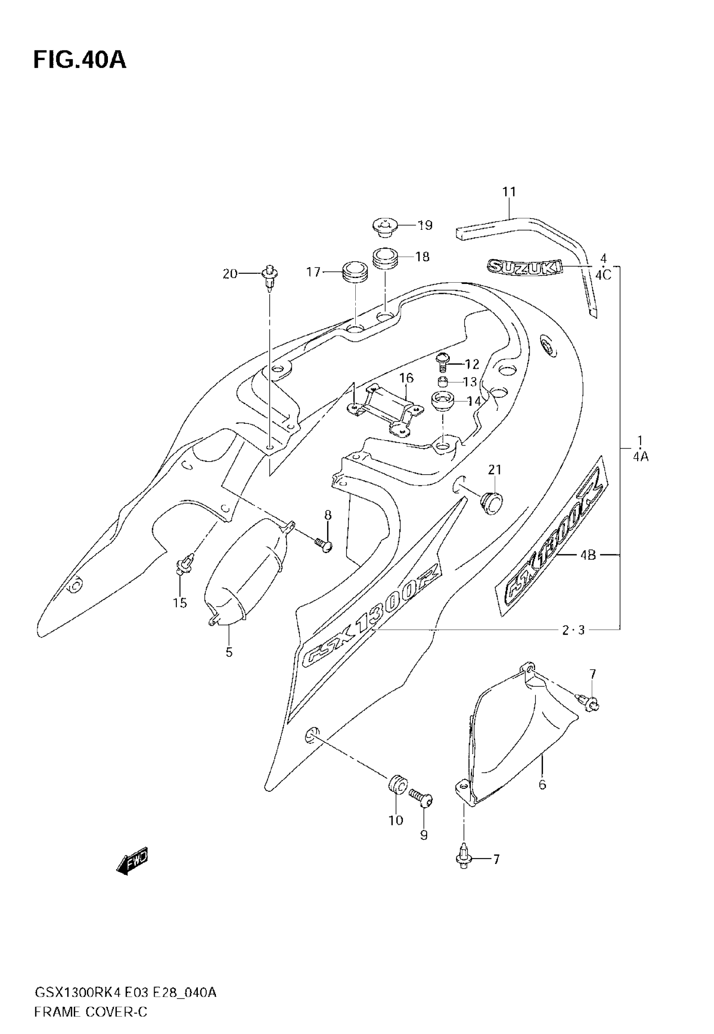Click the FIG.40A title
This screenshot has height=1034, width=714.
click(x=80, y=60)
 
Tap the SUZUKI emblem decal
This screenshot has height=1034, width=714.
click(x=524, y=267)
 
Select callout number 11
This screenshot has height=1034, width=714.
click(x=509, y=192)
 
